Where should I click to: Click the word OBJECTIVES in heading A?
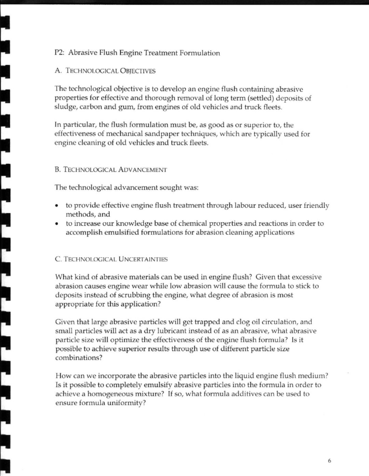pos(138,71)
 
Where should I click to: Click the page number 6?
pos(329,461)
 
